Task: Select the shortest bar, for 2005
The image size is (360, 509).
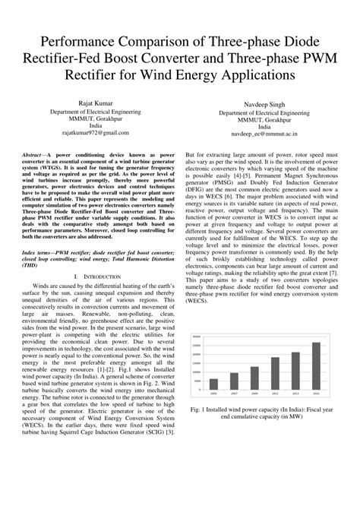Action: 213,384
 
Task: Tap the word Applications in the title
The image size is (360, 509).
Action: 248,75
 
